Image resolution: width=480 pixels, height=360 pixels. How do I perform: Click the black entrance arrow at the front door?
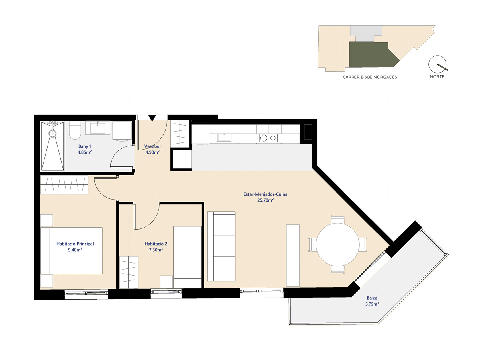tap(152, 118)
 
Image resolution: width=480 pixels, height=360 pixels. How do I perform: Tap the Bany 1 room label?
tap(85, 146)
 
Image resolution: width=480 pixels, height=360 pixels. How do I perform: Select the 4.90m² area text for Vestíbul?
tap(152, 152)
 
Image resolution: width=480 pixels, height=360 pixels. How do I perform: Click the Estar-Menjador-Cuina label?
tap(265, 194)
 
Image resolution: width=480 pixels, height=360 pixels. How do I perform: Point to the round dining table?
tap(338, 244)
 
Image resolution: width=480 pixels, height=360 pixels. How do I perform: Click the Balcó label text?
tap(372, 298)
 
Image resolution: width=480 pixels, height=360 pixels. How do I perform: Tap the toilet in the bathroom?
tap(75, 130)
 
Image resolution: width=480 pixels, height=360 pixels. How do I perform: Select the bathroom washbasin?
tap(98, 128)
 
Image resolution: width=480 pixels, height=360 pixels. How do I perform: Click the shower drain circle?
tap(52, 133)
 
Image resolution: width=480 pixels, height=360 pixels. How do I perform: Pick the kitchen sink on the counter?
tap(224, 137)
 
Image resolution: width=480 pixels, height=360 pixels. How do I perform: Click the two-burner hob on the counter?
tap(268, 138)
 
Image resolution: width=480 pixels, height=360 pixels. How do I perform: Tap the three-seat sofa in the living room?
tap(221, 246)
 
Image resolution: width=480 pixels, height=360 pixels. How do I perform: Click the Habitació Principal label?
tap(75, 244)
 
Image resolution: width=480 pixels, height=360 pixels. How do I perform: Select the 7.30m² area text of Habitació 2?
tap(156, 250)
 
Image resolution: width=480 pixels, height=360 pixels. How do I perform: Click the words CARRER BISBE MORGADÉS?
tap(370, 77)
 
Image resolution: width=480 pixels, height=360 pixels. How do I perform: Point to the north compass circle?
tap(437, 64)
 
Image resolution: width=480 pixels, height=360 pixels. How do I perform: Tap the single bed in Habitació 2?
tap(187, 257)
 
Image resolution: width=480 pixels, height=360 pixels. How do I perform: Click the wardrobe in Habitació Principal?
tap(64, 185)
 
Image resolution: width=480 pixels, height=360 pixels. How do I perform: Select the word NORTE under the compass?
tap(437, 77)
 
